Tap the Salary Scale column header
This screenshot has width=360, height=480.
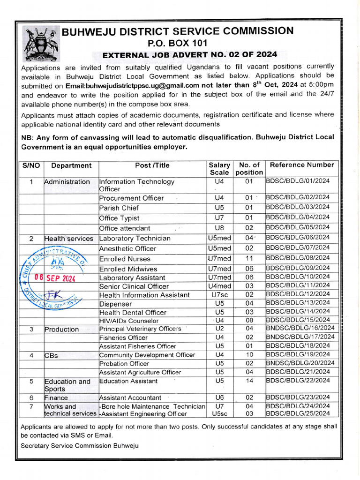[x=219, y=169]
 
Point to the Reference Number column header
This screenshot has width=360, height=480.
[x=301, y=165]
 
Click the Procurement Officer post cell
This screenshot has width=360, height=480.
[x=132, y=198]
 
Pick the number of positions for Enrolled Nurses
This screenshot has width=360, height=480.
[x=249, y=258]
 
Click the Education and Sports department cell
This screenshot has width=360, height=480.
[x=67, y=385]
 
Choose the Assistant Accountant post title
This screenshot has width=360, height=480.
[x=130, y=397]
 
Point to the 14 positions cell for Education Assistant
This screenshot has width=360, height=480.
[x=249, y=381]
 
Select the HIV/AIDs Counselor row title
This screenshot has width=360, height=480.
[x=128, y=321]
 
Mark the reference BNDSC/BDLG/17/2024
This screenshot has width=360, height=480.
[x=300, y=337]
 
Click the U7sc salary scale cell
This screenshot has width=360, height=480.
[x=219, y=294]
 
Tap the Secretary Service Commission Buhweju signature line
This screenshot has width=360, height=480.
[x=80, y=445]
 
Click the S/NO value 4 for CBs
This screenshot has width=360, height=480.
[x=31, y=355]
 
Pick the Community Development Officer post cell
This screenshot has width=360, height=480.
[x=147, y=355]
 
